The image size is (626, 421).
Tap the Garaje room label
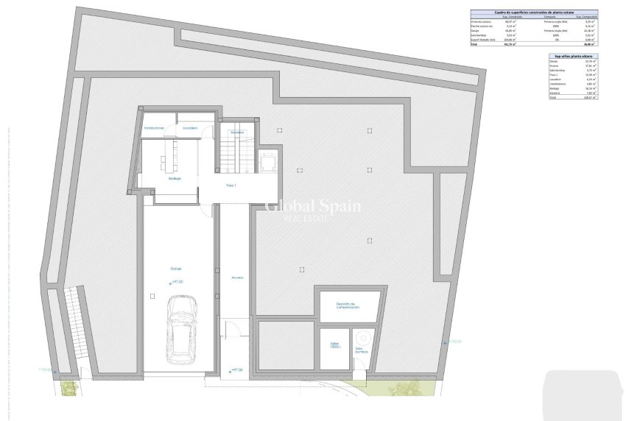coord(176,269)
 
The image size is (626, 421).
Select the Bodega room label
coord(175,178)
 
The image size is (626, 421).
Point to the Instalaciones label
coord(154,127)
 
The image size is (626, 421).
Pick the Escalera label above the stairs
coord(236,132)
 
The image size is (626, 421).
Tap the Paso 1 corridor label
coord(231,185)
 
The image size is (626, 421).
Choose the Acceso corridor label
coord(236,277)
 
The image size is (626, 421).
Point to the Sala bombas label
coord(362,350)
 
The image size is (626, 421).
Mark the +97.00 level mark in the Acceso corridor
coord(235,370)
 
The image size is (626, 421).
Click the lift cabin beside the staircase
coord(267,159)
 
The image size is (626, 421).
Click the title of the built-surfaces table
coord(533,13)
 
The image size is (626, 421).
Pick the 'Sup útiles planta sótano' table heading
coord(572,56)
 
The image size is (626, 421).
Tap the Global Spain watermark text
coord(313,206)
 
